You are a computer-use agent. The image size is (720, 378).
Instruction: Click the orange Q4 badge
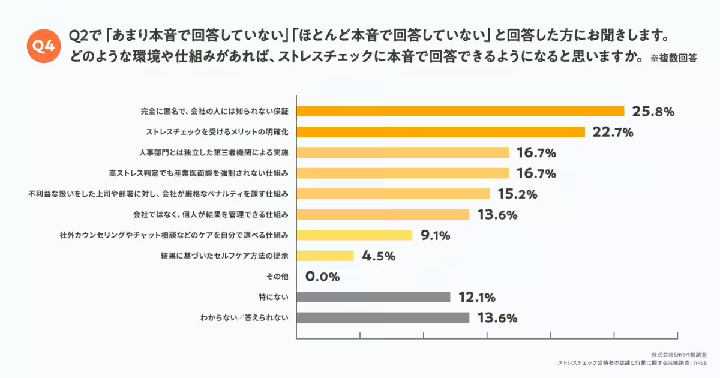[44, 46]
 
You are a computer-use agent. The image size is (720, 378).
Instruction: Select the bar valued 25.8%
[460, 111]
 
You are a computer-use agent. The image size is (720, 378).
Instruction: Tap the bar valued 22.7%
[440, 132]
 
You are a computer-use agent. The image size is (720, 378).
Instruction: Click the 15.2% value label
[517, 194]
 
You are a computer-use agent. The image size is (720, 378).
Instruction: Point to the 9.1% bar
[354, 235]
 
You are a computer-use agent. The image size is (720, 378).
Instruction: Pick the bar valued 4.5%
[325, 256]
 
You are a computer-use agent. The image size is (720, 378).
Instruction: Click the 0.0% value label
[323, 277]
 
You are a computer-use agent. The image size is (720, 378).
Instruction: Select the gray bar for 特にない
[373, 297]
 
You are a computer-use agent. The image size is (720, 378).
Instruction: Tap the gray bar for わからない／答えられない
[383, 318]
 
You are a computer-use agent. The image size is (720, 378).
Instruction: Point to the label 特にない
[273, 297]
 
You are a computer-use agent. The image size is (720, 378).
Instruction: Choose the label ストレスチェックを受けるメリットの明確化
[218, 132]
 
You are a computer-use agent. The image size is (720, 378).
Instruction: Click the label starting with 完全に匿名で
[215, 111]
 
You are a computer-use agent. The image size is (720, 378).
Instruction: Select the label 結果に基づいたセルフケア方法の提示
[225, 256]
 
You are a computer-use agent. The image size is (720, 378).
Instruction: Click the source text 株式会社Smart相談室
[673, 355]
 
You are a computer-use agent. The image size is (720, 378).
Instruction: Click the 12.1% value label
[476, 298]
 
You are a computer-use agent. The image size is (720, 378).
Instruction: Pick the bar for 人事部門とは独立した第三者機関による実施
[403, 152]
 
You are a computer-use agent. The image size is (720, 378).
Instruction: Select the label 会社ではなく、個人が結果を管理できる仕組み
[211, 215]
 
